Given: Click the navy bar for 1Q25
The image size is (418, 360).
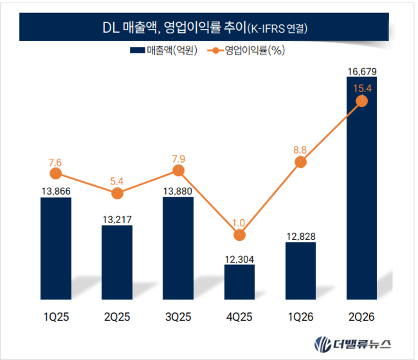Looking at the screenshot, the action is pyautogui.click(x=56, y=248).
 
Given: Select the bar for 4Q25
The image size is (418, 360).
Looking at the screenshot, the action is pyautogui.click(x=239, y=282).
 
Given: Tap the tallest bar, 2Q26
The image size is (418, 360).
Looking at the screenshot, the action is pyautogui.click(x=362, y=188).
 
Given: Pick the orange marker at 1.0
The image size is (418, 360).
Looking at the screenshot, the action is pyautogui.click(x=239, y=235).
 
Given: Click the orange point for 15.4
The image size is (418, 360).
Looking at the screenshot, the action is pyautogui.click(x=362, y=101).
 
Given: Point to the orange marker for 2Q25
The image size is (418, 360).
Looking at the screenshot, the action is pyautogui.click(x=117, y=194).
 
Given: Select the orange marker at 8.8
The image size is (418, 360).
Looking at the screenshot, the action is pyautogui.click(x=300, y=162).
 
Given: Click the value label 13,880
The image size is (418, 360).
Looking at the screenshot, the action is pyautogui.click(x=177, y=192).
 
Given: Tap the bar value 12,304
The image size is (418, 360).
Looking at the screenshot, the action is pyautogui.click(x=239, y=259).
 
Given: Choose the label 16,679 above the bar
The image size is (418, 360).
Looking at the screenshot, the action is pyautogui.click(x=362, y=71).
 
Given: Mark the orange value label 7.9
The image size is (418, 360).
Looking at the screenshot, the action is pyautogui.click(x=178, y=159).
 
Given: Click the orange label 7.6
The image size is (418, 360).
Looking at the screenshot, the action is pyautogui.click(x=55, y=163).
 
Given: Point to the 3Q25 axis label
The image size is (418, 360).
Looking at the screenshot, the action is pyautogui.click(x=178, y=317).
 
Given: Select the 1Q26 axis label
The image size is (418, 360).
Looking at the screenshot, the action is pyautogui.click(x=300, y=317).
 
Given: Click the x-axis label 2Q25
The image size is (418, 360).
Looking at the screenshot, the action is pyautogui.click(x=117, y=317).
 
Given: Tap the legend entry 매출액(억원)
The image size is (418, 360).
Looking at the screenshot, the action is pyautogui.click(x=164, y=50).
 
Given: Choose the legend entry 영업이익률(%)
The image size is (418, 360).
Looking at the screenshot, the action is pyautogui.click(x=246, y=50).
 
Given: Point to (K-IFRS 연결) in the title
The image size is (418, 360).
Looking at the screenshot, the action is pyautogui.click(x=278, y=28).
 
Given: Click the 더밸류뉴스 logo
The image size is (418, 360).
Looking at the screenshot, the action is pyautogui.click(x=352, y=345).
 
